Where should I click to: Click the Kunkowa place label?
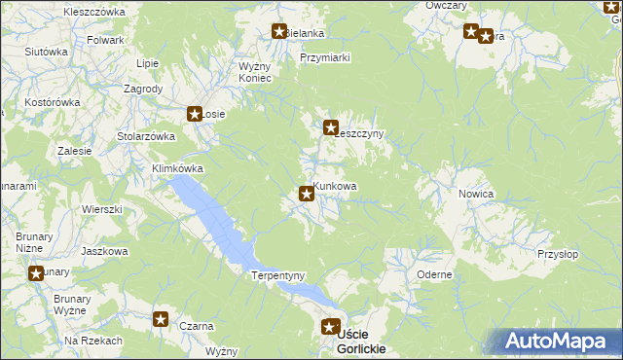click(336, 186)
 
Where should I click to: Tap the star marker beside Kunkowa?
click(307, 194)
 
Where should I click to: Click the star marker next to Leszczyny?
click(331, 126)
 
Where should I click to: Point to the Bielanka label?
click(305, 33)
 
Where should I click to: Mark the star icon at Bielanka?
click(279, 31)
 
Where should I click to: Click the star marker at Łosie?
click(195, 113)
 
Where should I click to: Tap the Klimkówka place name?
click(177, 168)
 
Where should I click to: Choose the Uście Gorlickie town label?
click(360, 342)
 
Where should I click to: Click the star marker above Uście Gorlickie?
click(331, 328)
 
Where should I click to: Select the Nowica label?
click(476, 194)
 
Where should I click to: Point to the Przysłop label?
click(558, 254)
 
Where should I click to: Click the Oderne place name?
click(434, 274)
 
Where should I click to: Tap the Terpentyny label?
click(278, 275)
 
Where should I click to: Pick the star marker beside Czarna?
click(162, 318)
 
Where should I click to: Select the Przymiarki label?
click(325, 57)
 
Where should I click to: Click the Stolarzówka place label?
click(145, 136)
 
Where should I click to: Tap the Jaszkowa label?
click(105, 251)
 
